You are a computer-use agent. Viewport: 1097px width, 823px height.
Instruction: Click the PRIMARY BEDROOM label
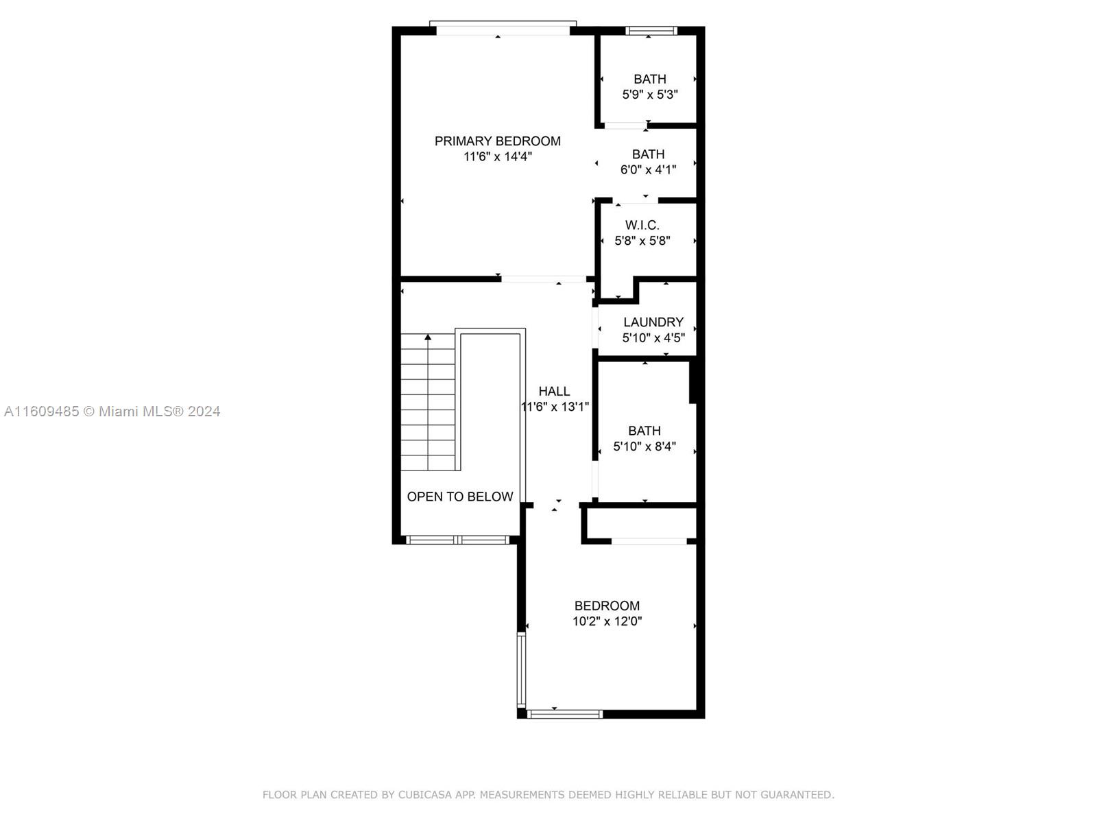tap(497, 141)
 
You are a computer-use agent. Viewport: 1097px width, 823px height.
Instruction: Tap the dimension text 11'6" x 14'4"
tap(497, 156)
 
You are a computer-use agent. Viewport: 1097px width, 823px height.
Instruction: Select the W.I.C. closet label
tap(642, 225)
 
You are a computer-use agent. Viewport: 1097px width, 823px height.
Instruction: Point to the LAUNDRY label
tap(653, 322)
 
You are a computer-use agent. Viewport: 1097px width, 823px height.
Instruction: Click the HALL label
tap(554, 391)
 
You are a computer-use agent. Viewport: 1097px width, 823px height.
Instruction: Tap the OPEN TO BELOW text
tap(460, 496)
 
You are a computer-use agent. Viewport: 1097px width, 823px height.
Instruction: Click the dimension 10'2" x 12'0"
tap(607, 621)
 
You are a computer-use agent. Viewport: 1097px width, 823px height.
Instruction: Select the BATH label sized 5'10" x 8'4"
tap(644, 431)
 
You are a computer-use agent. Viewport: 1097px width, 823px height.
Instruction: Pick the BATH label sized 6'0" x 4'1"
tap(648, 154)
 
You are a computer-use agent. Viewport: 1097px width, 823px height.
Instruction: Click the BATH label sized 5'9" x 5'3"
tap(650, 79)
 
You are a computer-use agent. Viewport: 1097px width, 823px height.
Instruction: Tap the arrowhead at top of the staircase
tap(428, 338)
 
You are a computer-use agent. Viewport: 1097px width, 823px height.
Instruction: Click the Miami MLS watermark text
tap(112, 411)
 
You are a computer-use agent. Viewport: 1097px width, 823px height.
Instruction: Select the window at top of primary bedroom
tap(503, 28)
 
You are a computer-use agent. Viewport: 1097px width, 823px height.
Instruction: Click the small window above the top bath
tap(651, 31)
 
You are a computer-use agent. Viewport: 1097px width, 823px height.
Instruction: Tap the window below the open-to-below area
tap(457, 540)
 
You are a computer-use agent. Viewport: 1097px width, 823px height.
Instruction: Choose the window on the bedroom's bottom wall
tap(565, 715)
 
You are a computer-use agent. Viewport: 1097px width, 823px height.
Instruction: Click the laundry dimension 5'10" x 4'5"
tap(653, 338)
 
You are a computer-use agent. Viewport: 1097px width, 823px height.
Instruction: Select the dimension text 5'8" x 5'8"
tap(642, 240)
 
